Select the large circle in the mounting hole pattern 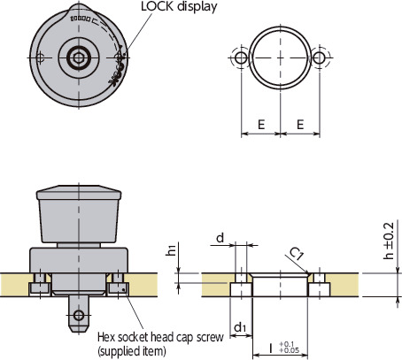tap(281, 57)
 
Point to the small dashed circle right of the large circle tap(320, 57)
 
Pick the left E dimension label tap(261, 126)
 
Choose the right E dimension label tap(301, 126)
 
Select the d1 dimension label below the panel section tap(240, 329)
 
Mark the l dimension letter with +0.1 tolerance tap(270, 348)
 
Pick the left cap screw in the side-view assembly tap(39, 286)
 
